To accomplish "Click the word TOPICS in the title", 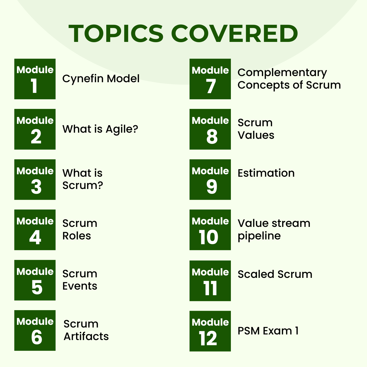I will click(116, 34).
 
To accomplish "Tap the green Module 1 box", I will click(35, 79).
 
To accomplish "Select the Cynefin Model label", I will click(101, 79).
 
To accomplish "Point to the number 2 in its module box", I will click(36, 137).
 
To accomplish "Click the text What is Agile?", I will click(100, 129).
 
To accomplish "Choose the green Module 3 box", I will click(35, 180).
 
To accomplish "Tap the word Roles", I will click(77, 236).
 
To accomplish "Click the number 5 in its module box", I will click(37, 287).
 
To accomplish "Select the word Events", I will click(80, 286).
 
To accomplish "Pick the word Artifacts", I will click(86, 337).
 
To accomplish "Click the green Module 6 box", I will click(35, 330).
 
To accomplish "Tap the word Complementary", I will click(282, 73).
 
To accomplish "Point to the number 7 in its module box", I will click(211, 86).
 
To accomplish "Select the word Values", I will click(256, 135).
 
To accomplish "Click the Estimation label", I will click(266, 173).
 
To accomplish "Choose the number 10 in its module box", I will click(208, 237).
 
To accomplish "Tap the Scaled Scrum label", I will click(275, 274).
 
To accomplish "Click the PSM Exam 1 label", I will click(268, 331).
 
